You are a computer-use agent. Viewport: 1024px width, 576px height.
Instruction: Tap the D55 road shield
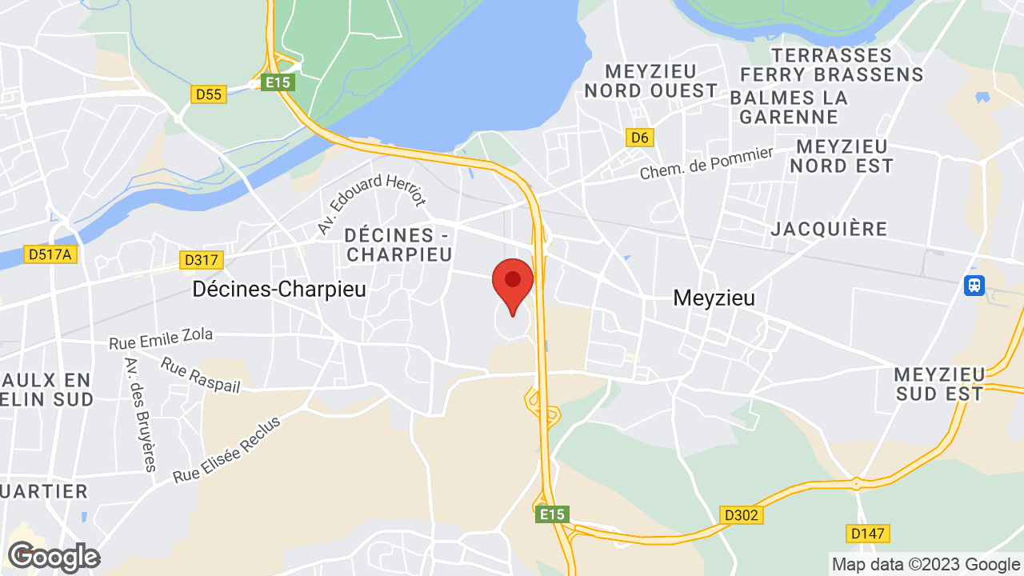209,94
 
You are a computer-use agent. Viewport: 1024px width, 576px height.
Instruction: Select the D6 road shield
639,138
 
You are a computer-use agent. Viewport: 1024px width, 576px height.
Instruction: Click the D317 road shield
202,260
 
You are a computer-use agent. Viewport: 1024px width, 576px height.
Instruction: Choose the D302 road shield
742,514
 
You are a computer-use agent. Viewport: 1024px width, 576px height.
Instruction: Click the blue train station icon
974,285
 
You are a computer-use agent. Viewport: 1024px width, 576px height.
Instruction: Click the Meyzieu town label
714,298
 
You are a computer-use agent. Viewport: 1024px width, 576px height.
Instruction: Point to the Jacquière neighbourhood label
830,230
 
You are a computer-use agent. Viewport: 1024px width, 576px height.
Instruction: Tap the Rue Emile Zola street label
162,338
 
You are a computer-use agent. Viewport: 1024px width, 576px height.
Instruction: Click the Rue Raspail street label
200,374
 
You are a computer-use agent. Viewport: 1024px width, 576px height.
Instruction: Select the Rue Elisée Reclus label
227,450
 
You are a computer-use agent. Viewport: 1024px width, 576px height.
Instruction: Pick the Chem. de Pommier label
706,163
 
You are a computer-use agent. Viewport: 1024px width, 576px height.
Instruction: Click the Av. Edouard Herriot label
372,203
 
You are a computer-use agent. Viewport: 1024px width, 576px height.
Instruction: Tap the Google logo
53,557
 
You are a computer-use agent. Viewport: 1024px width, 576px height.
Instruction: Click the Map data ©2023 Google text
926,565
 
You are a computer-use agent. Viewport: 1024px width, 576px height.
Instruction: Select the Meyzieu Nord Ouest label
650,81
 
